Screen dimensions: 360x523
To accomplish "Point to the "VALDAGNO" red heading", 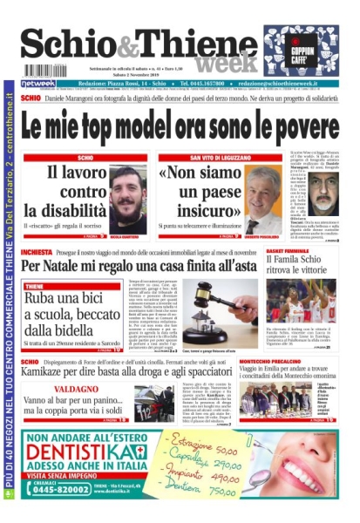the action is click(76, 391).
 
